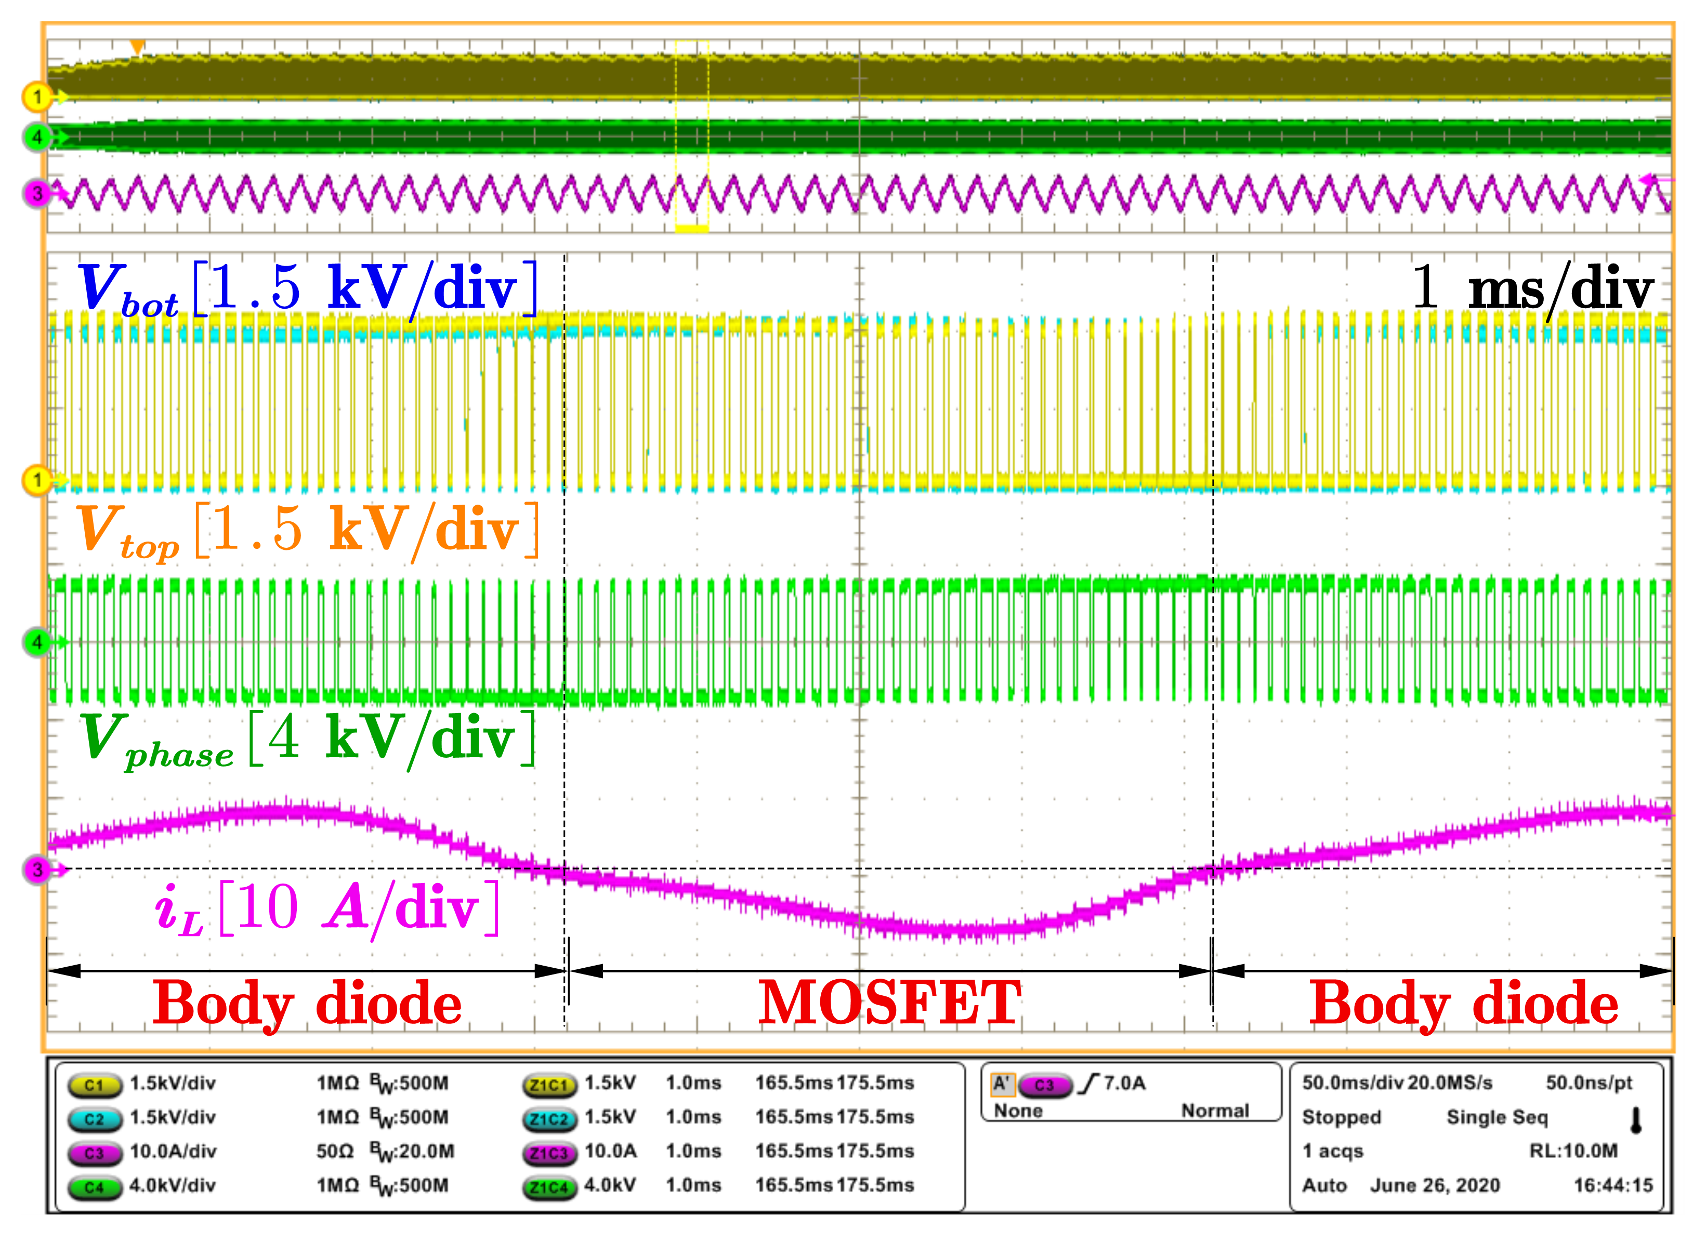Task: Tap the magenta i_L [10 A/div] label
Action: coord(327,908)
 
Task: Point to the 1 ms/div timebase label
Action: coord(1531,288)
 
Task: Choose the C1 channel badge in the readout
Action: coord(94,1085)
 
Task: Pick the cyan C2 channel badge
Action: coord(94,1118)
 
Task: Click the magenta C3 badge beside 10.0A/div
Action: coord(94,1152)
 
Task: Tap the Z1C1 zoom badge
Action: coord(549,1085)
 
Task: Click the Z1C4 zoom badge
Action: coord(549,1187)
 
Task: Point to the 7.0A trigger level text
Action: coord(1124,1084)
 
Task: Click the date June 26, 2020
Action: coord(1435,1186)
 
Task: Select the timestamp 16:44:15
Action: coord(1613,1186)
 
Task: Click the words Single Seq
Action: coord(1497,1117)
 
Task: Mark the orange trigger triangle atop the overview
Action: coord(137,47)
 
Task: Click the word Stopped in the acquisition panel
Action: coord(1341,1117)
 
